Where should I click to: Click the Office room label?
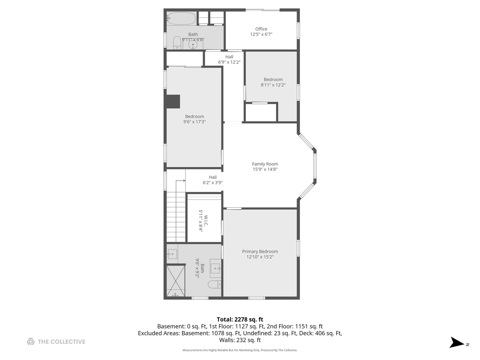pyautogui.click(x=261, y=29)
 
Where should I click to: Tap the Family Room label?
pyautogui.click(x=265, y=164)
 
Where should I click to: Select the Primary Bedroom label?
pyautogui.click(x=260, y=252)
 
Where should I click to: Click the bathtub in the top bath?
pyautogui.click(x=181, y=19)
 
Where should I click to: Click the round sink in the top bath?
pyautogui.click(x=193, y=45)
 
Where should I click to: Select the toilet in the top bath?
pyautogui.click(x=177, y=43)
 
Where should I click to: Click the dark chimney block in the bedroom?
pyautogui.click(x=173, y=102)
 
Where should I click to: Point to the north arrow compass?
pyautogui.click(x=457, y=343)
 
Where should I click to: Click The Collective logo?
pyautogui.click(x=56, y=342)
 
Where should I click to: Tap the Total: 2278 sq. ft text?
pyautogui.click(x=240, y=319)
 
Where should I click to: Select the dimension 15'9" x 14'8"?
pyautogui.click(x=265, y=169)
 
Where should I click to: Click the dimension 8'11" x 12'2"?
pyautogui.click(x=273, y=85)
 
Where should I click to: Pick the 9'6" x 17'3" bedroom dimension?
pyautogui.click(x=194, y=122)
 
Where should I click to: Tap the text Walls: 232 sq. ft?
pyautogui.click(x=240, y=340)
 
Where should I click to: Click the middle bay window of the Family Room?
pyautogui.click(x=315, y=167)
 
